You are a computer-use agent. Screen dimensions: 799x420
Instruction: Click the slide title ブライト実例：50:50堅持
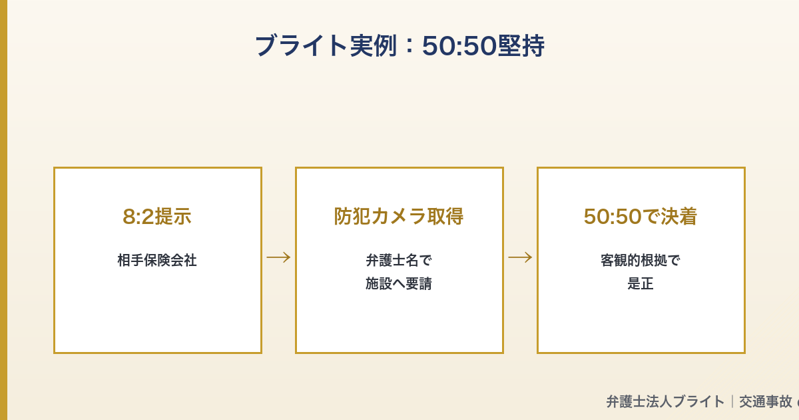click(400, 46)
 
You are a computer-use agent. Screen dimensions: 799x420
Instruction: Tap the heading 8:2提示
click(157, 217)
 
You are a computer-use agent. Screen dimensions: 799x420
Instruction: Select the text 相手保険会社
click(157, 260)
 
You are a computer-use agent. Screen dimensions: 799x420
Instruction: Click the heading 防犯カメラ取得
click(399, 217)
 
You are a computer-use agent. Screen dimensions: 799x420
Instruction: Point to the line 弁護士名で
click(399, 260)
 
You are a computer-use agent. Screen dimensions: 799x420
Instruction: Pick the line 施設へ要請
click(399, 283)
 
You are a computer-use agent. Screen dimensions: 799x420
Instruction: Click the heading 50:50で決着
click(641, 217)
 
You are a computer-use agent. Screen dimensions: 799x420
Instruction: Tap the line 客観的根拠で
click(641, 260)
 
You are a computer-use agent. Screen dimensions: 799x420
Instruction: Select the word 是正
click(641, 283)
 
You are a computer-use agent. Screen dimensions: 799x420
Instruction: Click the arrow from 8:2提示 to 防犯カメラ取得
click(278, 257)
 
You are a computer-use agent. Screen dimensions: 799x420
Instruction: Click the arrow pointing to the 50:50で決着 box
click(520, 257)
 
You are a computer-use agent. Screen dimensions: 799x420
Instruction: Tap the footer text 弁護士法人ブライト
click(665, 401)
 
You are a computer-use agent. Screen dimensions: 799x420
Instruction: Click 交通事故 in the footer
click(766, 401)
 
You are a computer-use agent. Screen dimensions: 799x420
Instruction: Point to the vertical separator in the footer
click(732, 401)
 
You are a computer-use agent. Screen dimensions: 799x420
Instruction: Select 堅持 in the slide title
click(521, 46)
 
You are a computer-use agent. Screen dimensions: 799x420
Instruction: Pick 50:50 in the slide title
click(459, 46)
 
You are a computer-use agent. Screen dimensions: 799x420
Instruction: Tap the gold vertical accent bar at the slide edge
click(3, 210)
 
